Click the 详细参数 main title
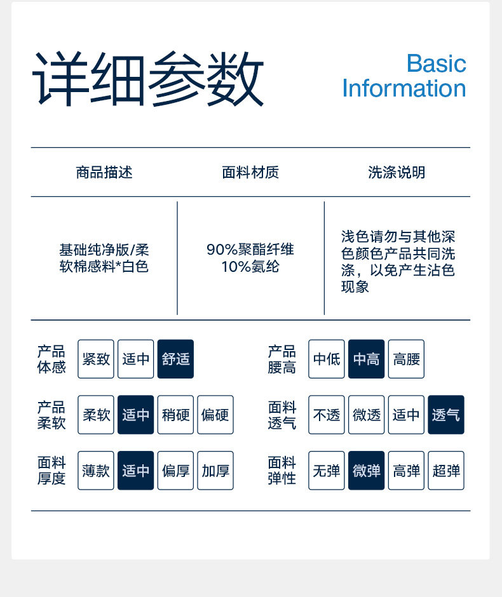(148, 79)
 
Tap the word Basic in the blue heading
(436, 64)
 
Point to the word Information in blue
(404, 88)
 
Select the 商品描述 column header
(104, 172)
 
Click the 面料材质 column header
(250, 172)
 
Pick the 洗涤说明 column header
(397, 172)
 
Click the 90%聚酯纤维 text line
(250, 250)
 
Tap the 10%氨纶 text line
(250, 267)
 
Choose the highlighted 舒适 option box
(175, 359)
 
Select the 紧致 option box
(96, 359)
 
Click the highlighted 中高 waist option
(366, 359)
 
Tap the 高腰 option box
(406, 359)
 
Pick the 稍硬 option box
(175, 415)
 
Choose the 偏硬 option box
(215, 415)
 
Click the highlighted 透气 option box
(446, 415)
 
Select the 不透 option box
(327, 415)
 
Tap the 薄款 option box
(96, 471)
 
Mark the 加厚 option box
(215, 471)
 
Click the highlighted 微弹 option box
(366, 471)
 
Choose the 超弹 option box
(446, 471)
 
